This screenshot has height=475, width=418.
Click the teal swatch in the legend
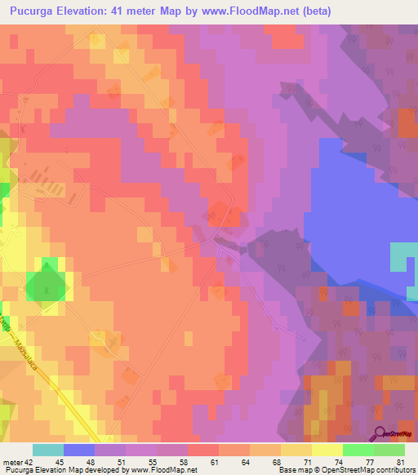coord(47,450)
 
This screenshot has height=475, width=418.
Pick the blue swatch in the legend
coord(78,450)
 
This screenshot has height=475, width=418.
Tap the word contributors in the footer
coord(395,470)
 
